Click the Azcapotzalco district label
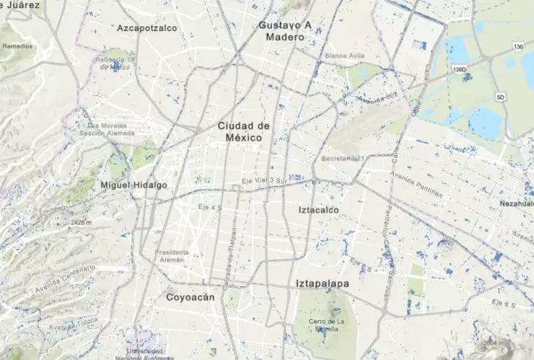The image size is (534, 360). tap(147, 28)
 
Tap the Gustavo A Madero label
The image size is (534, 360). tap(285, 31)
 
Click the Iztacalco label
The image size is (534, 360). tap(318, 210)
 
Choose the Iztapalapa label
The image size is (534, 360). tap(322, 284)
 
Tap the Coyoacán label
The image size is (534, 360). tap(191, 297)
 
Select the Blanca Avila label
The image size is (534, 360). tap(343, 56)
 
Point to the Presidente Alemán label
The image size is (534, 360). tap(172, 256)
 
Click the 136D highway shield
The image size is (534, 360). tap(460, 69)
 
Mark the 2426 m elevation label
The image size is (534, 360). tap(83, 223)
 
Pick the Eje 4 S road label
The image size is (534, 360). tap(209, 207)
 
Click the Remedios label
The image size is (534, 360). tap(17, 45)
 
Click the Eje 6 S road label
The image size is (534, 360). tap(504, 304)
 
